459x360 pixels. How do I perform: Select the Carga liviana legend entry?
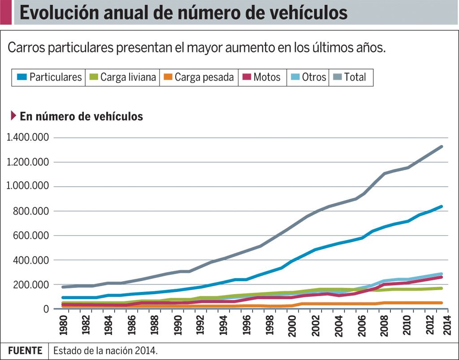[x=123, y=77]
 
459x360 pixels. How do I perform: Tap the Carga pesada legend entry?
[x=198, y=77]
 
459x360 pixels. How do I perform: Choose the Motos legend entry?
[x=262, y=77]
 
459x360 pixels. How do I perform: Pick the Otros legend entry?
[x=308, y=77]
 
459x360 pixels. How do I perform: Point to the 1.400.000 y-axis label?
[x=28, y=137]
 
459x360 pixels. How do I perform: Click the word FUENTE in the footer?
[x=25, y=351]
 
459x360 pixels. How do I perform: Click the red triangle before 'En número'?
[x=13, y=116]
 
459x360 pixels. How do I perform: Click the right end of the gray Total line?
[x=442, y=146]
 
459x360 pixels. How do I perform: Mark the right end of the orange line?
[x=442, y=303]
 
